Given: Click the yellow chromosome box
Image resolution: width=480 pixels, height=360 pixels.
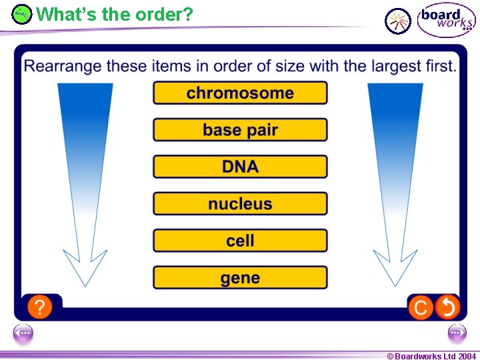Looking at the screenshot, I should click(240, 93).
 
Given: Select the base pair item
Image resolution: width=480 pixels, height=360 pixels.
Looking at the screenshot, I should click(240, 129).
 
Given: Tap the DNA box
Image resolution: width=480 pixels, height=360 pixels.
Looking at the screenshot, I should click(240, 167).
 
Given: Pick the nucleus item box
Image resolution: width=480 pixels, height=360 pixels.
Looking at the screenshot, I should click(240, 203).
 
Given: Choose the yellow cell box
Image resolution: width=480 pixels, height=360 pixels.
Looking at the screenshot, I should click(240, 241).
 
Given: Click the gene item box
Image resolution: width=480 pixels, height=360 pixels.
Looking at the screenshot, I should click(240, 277).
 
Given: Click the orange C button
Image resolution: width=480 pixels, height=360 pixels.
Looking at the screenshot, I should click(421, 307).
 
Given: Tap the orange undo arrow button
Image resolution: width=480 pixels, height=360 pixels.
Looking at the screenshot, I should click(447, 307).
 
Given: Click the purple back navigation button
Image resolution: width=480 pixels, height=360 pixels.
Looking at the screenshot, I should click(23, 332).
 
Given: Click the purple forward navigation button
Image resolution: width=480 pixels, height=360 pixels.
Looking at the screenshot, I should click(457, 332).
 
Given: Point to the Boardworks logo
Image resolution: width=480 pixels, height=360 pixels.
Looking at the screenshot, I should click(446, 19).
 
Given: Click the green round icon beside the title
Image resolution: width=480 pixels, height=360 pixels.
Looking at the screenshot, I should click(22, 14).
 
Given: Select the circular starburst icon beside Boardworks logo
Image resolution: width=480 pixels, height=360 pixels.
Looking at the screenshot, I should click(398, 21).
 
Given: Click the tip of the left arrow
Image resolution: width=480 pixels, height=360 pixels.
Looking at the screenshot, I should click(85, 285).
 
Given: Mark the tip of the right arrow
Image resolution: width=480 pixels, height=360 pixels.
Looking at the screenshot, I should click(395, 285).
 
